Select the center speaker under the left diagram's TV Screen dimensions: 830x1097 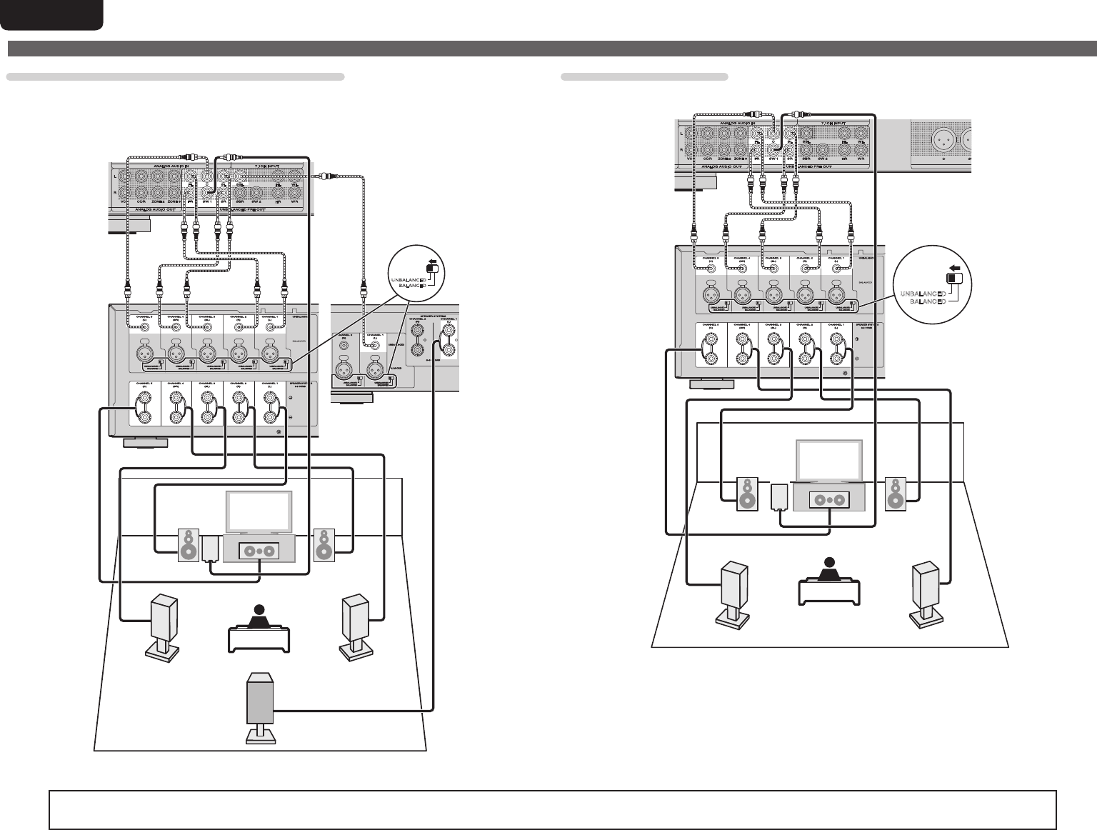tap(259, 551)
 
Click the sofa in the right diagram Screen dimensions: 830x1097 tap(828, 590)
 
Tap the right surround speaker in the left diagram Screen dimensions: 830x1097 tap(355, 619)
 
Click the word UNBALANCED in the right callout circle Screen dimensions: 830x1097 tap(923, 294)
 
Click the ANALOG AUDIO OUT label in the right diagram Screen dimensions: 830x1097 tap(721, 166)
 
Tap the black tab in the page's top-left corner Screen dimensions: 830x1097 tap(51, 14)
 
